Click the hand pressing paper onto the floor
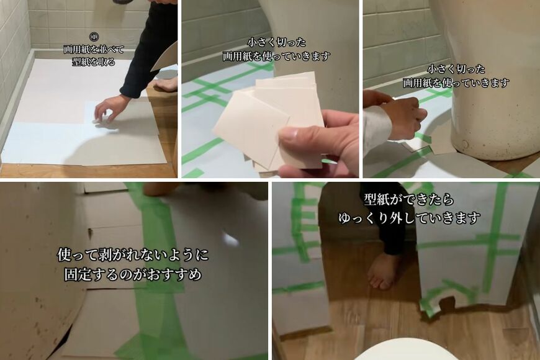[110, 107]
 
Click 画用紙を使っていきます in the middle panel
[276, 56]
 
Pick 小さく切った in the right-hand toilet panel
[456, 69]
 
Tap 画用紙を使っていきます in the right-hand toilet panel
[456, 82]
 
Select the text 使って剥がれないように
[133, 254]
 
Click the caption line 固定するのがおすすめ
[133, 274]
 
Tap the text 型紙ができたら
[409, 200]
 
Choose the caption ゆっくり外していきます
[409, 218]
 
